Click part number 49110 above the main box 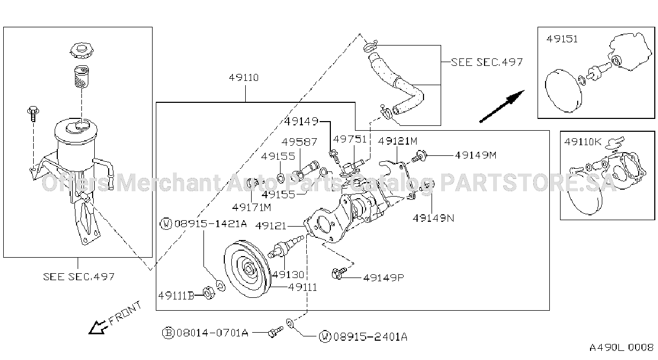click(x=244, y=78)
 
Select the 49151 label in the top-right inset click(x=562, y=39)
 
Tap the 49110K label click(x=583, y=142)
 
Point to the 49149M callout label click(x=475, y=155)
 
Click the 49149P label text click(x=384, y=277)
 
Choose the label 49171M click(x=252, y=207)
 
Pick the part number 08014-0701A click(x=213, y=333)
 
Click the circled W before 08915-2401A click(x=325, y=336)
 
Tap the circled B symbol click(x=168, y=333)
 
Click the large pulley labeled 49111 click(x=247, y=269)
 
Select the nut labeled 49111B click(x=209, y=292)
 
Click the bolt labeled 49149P click(x=338, y=273)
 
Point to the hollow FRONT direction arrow click(x=98, y=327)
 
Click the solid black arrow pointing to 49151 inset click(x=502, y=106)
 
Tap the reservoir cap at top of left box click(x=81, y=51)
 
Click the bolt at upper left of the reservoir click(x=33, y=114)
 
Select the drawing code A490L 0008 click(x=621, y=348)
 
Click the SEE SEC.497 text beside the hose click(x=487, y=62)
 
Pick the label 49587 click(x=299, y=142)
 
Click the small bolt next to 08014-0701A click(x=275, y=332)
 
